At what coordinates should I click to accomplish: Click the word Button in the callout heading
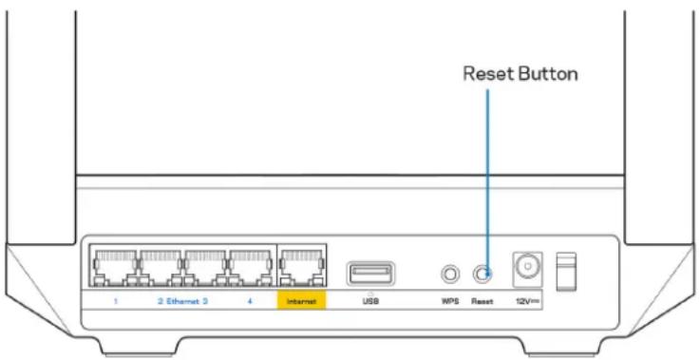[x=550, y=74]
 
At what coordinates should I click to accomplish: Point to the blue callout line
[x=486, y=171]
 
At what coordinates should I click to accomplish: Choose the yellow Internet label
[x=300, y=300]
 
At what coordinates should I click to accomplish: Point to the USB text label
[x=368, y=300]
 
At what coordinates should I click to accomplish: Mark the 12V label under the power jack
[x=525, y=300]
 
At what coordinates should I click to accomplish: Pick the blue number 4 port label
[x=249, y=300]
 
